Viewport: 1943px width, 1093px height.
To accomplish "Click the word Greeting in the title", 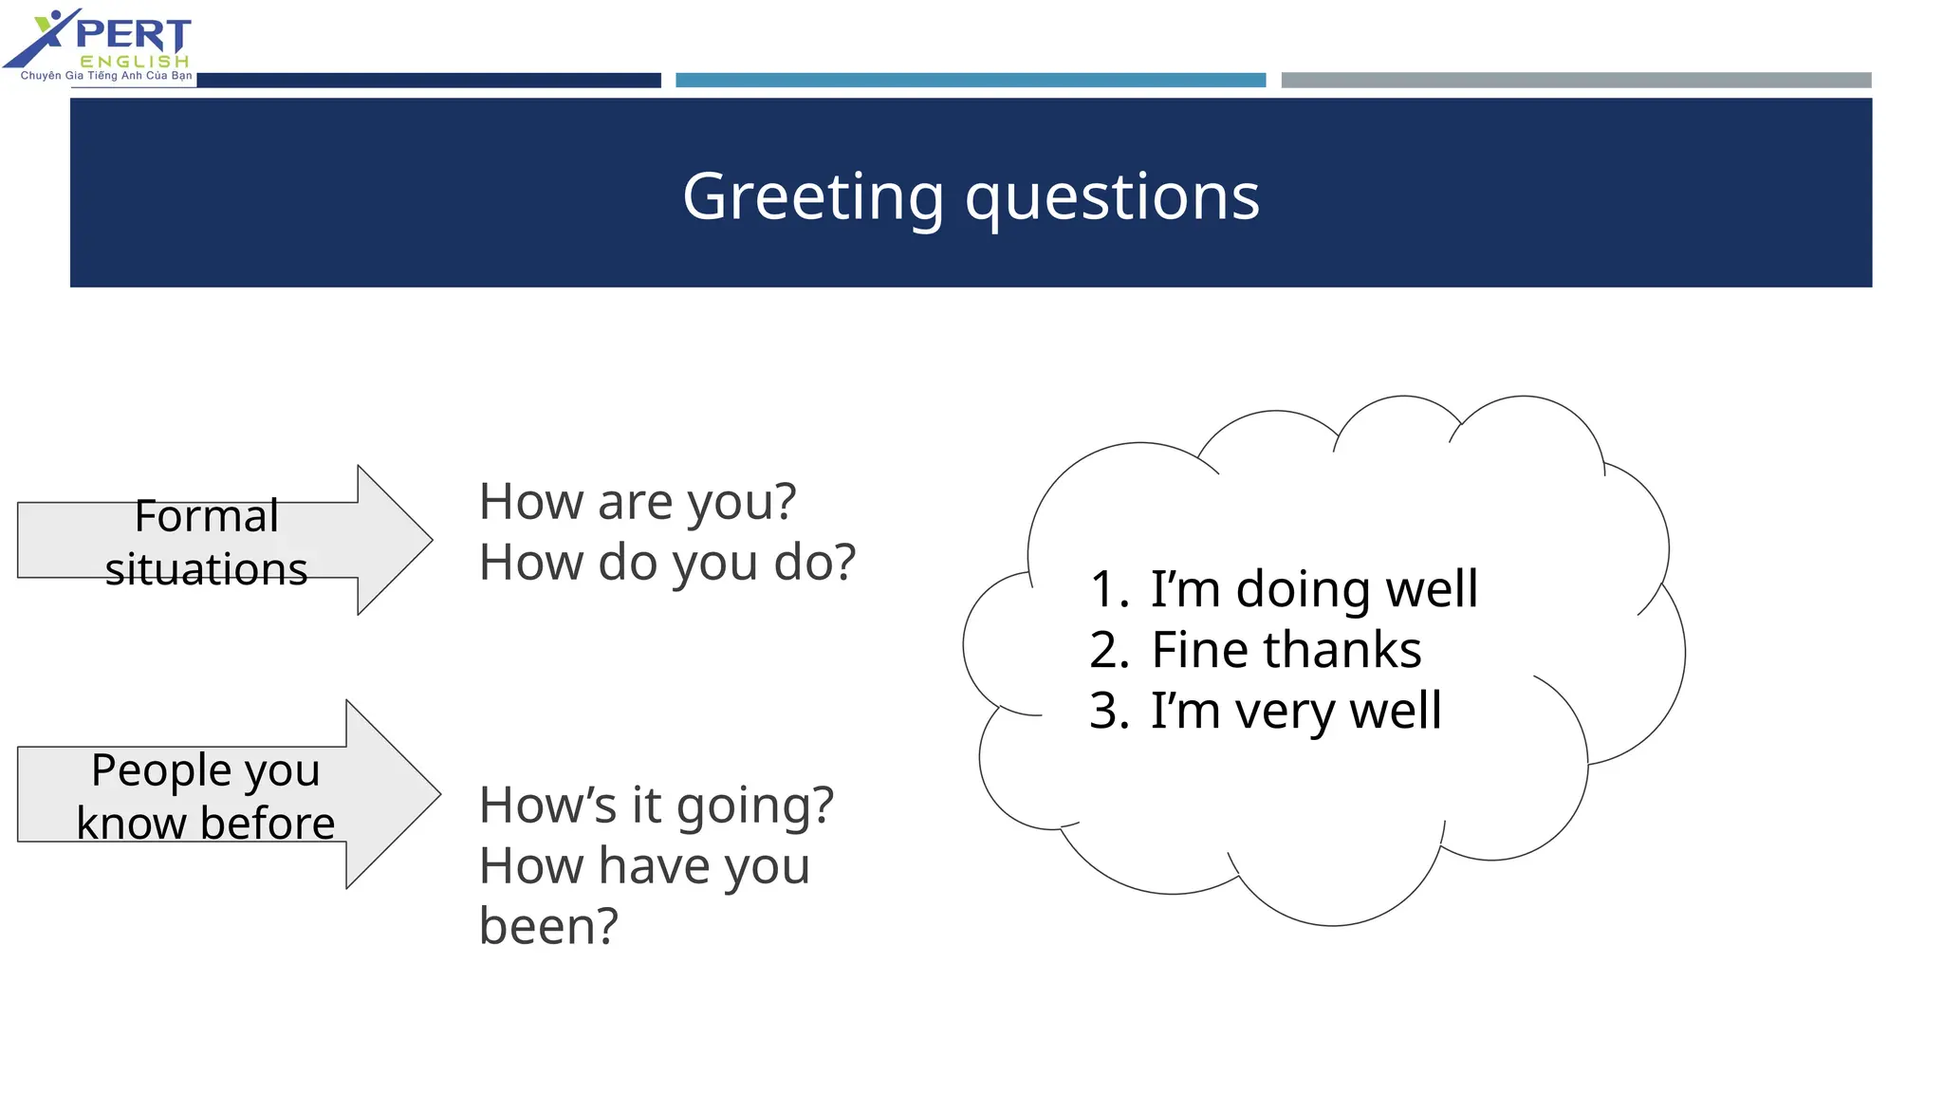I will click(x=812, y=196).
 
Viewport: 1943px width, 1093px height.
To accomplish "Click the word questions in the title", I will click(x=1112, y=196).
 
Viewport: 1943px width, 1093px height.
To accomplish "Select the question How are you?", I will click(x=637, y=501).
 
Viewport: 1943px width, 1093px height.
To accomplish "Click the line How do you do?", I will click(x=667, y=562).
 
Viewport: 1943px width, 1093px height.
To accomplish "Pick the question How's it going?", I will click(x=656, y=805).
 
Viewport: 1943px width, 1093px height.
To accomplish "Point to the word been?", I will click(x=548, y=926).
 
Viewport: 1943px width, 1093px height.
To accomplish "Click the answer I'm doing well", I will click(x=1313, y=588).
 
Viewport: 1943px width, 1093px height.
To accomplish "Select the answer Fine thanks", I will click(x=1286, y=650).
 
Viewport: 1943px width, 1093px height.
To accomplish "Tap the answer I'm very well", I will click(x=1296, y=711).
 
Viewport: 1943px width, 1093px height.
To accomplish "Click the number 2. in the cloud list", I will click(x=1108, y=650).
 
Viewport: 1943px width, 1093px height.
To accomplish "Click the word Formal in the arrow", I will click(x=206, y=516).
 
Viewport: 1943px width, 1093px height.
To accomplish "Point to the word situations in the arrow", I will click(x=206, y=569).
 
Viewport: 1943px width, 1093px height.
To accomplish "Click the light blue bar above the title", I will click(x=970, y=81).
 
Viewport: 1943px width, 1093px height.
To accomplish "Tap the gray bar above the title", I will click(x=1575, y=81).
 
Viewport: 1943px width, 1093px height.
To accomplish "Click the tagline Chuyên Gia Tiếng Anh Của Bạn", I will click(x=106, y=76).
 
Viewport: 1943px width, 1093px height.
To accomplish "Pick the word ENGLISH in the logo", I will click(x=134, y=62).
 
